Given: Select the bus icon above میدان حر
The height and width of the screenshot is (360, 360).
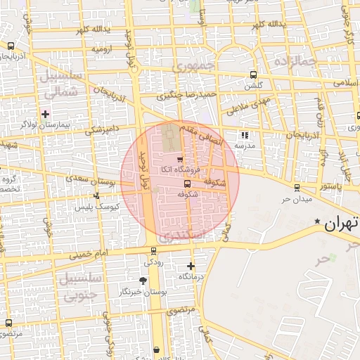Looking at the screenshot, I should coord(297,188).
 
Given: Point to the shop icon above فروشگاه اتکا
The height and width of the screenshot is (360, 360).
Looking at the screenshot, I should coord(179,160).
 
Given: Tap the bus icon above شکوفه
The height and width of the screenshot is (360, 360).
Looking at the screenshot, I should coord(186,184).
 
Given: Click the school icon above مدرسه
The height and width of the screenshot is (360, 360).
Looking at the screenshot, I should coord(244,135).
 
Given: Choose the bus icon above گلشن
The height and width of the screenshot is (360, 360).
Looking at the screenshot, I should coord(253,75).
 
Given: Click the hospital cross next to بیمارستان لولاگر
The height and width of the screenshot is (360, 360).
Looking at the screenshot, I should coord(46,113).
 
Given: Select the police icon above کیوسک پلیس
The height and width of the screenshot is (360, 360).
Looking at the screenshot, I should coord(96,195).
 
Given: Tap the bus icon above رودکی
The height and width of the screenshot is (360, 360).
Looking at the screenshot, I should coord(153,251).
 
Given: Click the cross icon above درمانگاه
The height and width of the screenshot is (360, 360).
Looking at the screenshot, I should coord(191,266).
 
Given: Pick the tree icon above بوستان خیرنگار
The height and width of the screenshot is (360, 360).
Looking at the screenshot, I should coord(143,281).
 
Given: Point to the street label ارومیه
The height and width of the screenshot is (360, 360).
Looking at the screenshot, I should coord(101,50).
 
